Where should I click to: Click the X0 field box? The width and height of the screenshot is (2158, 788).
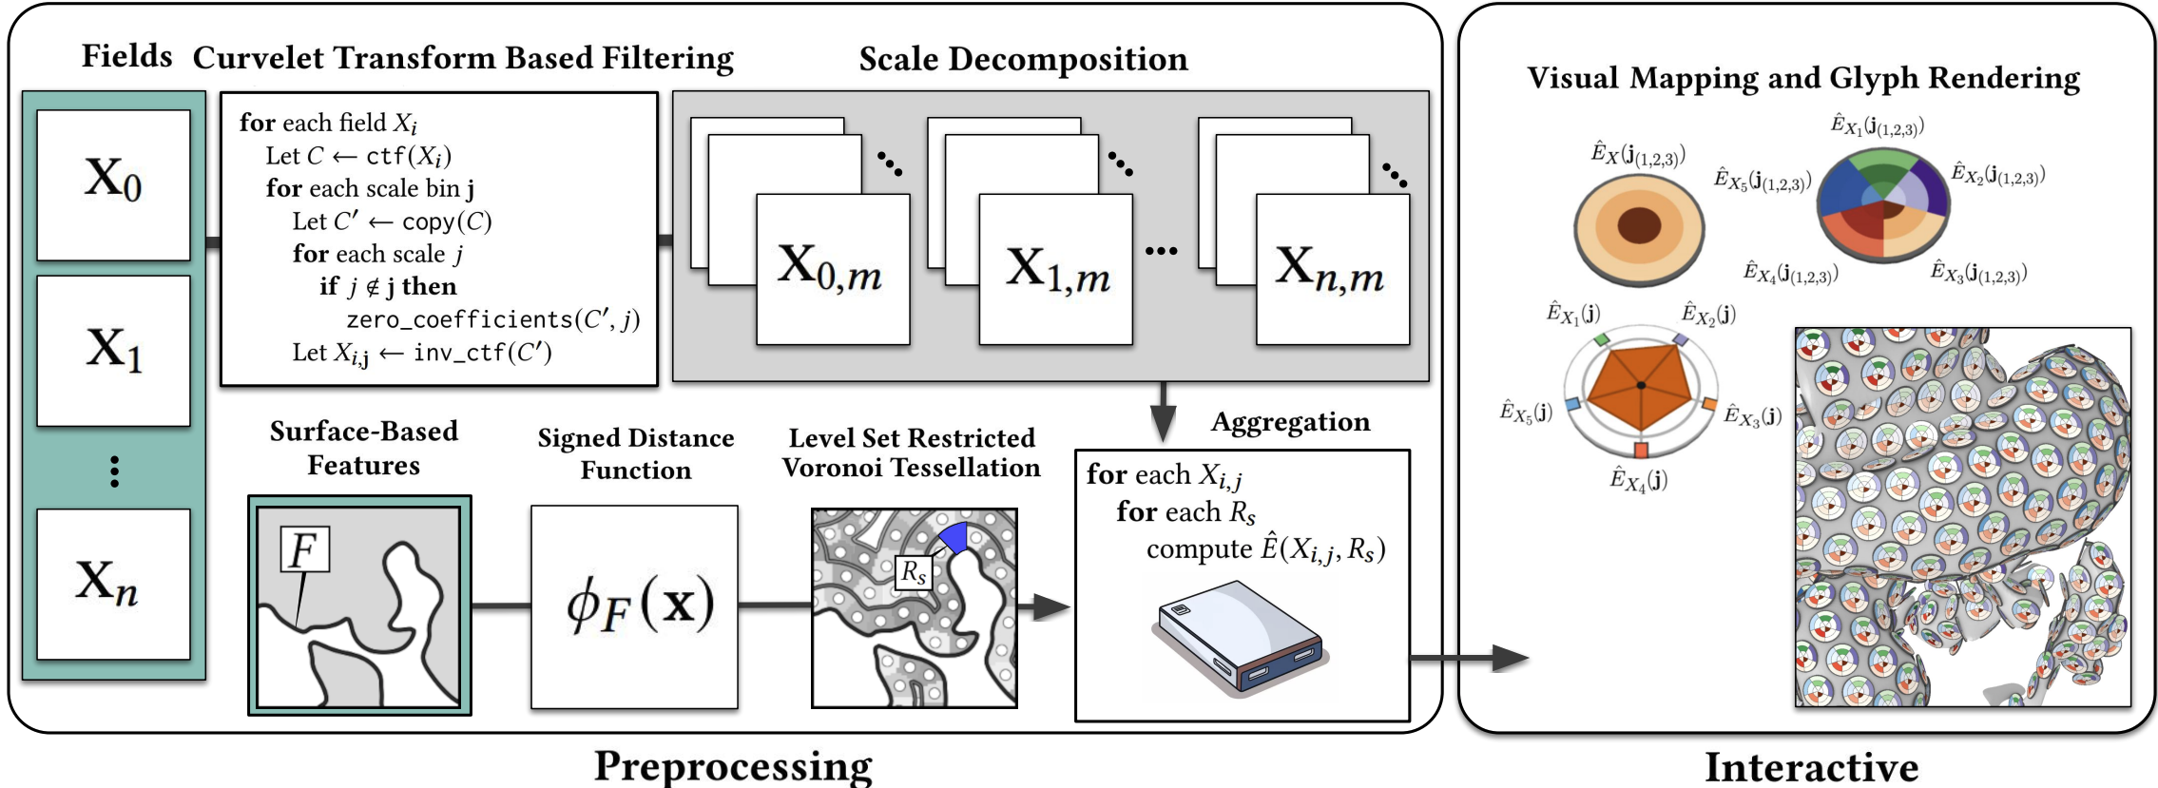pos(113,184)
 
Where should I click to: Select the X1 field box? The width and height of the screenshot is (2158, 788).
pos(113,351)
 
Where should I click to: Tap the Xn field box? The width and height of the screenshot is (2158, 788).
pos(113,584)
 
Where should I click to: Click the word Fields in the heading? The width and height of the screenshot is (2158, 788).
pos(126,56)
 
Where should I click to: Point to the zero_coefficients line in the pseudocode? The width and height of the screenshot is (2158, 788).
pos(492,319)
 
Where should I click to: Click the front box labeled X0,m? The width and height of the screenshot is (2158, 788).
pos(832,270)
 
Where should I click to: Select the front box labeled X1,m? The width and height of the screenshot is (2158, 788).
pos(1055,270)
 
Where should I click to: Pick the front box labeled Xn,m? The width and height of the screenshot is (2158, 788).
pos(1332,270)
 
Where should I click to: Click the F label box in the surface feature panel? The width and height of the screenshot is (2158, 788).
pos(305,549)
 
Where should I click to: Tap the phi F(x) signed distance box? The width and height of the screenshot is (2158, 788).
pos(634,606)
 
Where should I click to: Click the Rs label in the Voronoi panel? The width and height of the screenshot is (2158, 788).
pos(914,572)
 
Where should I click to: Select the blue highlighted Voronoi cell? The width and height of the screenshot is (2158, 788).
pos(954,537)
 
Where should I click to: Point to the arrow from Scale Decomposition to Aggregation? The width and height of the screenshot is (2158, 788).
pos(1163,413)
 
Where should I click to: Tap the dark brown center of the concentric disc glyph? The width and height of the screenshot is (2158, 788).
pos(1639,225)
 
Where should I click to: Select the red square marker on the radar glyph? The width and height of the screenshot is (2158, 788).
pos(1641,450)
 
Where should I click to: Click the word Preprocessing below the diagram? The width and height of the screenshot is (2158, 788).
pos(733,766)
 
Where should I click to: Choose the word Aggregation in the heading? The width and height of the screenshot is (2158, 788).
pos(1290,422)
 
